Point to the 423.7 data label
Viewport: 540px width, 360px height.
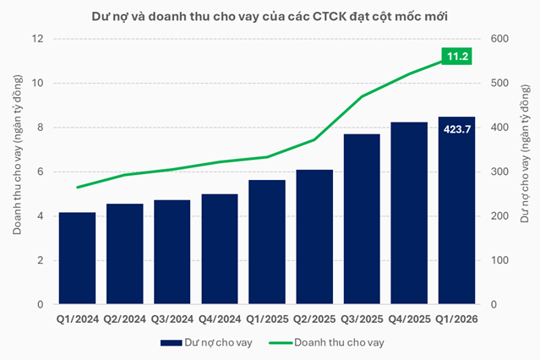click(456, 130)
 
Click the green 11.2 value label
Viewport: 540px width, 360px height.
click(456, 57)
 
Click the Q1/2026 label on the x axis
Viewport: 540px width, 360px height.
click(456, 319)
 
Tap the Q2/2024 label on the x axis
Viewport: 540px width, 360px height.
click(124, 319)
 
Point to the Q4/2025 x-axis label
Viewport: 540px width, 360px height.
click(408, 319)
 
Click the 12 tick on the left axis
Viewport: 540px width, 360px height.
click(37, 39)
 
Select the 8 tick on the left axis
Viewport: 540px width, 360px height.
click(40, 128)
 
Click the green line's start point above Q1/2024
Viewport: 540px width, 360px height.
click(77, 188)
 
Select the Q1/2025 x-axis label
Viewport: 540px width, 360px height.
click(266, 319)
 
